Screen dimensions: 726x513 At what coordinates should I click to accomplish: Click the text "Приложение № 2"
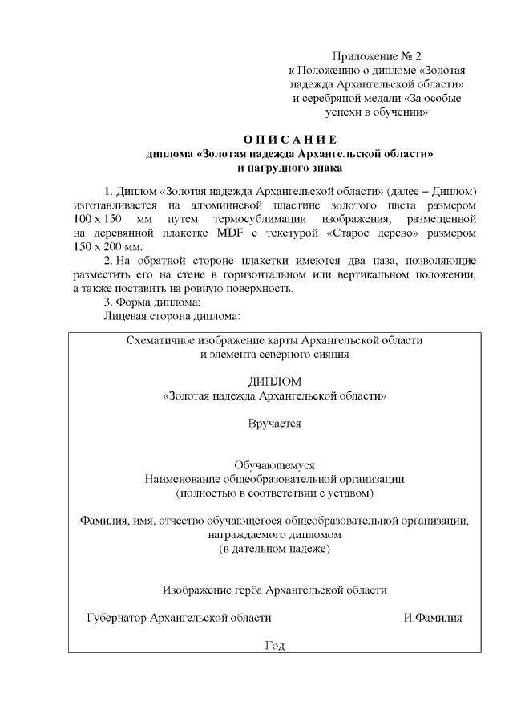pos(376,57)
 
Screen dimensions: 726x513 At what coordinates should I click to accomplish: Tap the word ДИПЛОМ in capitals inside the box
pos(274,382)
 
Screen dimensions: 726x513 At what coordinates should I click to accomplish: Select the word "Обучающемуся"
pos(274,464)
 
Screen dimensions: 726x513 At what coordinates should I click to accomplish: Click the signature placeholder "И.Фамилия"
pos(433,618)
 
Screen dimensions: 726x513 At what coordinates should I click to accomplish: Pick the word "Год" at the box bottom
pos(274,646)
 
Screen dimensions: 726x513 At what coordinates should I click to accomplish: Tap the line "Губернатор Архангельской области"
pos(179,618)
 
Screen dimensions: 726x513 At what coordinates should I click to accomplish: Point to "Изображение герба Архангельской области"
pos(274,590)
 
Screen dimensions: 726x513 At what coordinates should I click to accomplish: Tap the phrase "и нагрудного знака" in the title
pos(290,168)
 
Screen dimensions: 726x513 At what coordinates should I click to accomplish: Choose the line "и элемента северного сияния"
pos(274,354)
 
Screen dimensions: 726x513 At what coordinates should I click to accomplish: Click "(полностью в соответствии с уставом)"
pos(274,493)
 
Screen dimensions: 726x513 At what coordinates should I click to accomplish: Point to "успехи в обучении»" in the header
pos(375,112)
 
